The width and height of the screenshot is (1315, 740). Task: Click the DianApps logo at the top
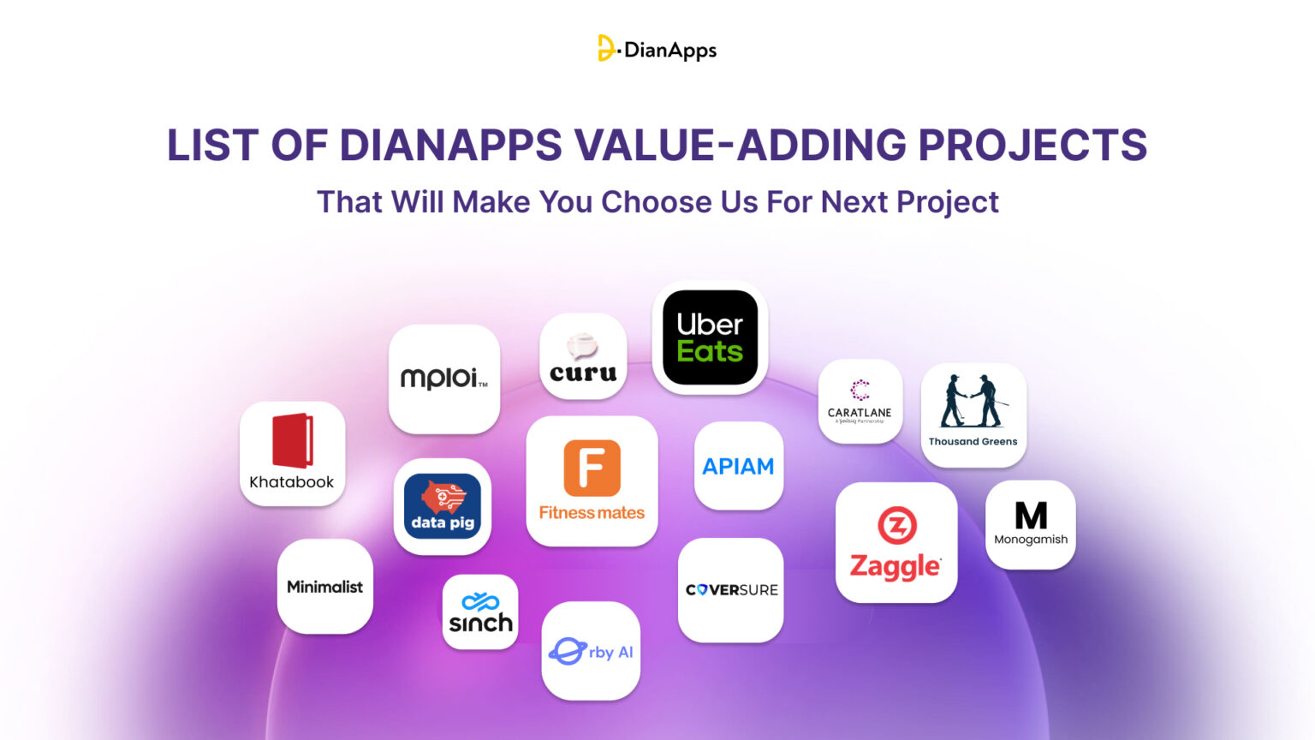point(657,49)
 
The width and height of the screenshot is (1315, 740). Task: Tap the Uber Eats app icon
point(710,337)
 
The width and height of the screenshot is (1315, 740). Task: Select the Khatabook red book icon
point(292,441)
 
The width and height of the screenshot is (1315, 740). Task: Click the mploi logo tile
point(443,378)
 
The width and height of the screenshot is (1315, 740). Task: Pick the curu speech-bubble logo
point(582,347)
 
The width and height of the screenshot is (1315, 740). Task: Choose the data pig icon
point(442,506)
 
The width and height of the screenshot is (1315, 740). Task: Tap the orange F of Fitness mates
point(592,468)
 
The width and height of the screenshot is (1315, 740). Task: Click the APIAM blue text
point(738,467)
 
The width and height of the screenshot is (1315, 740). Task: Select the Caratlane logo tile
point(860,401)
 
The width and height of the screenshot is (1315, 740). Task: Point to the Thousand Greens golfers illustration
point(973,401)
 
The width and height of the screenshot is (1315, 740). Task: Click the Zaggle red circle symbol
point(896,526)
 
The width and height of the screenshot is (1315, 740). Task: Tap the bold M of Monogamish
point(1031,516)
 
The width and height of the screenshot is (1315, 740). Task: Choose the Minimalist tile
point(324,587)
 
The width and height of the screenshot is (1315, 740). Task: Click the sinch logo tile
point(480,612)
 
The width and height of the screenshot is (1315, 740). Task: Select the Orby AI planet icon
point(567,651)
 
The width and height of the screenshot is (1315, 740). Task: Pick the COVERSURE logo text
point(731,590)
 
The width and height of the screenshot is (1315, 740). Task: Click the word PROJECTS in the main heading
point(1032,145)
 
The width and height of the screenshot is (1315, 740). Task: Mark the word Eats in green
point(710,352)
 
